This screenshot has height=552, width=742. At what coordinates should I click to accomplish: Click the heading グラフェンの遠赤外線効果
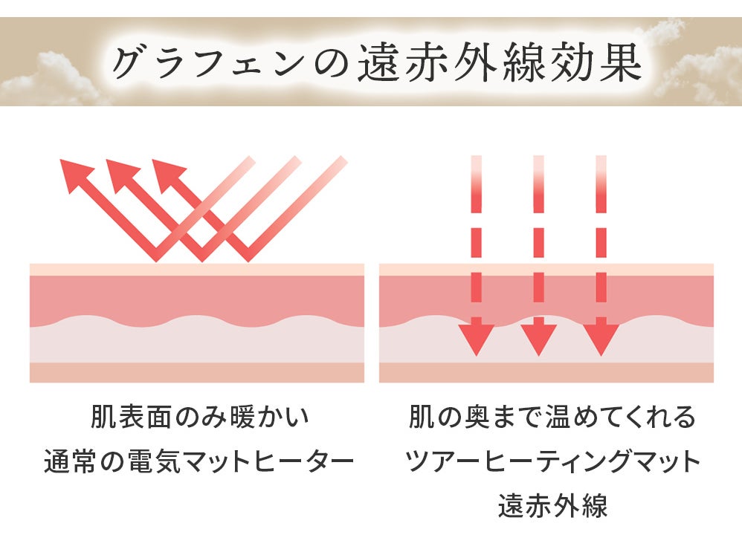tap(375, 63)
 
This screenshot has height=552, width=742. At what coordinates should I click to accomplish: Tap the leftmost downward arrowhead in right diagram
tap(476, 338)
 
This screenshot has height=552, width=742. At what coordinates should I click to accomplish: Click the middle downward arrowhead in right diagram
tap(538, 338)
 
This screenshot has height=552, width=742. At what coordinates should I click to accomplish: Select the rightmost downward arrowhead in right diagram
tap(601, 338)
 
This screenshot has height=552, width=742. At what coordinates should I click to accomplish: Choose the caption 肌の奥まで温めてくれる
tap(552, 418)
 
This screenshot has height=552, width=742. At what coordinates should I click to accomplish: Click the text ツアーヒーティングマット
tap(552, 462)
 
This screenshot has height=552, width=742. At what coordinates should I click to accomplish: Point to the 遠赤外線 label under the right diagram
tap(552, 506)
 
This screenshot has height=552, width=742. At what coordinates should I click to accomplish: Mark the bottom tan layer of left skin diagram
tap(197, 372)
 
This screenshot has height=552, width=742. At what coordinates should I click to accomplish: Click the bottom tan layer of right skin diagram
tap(546, 372)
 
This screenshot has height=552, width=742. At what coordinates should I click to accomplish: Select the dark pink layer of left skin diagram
tap(197, 297)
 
